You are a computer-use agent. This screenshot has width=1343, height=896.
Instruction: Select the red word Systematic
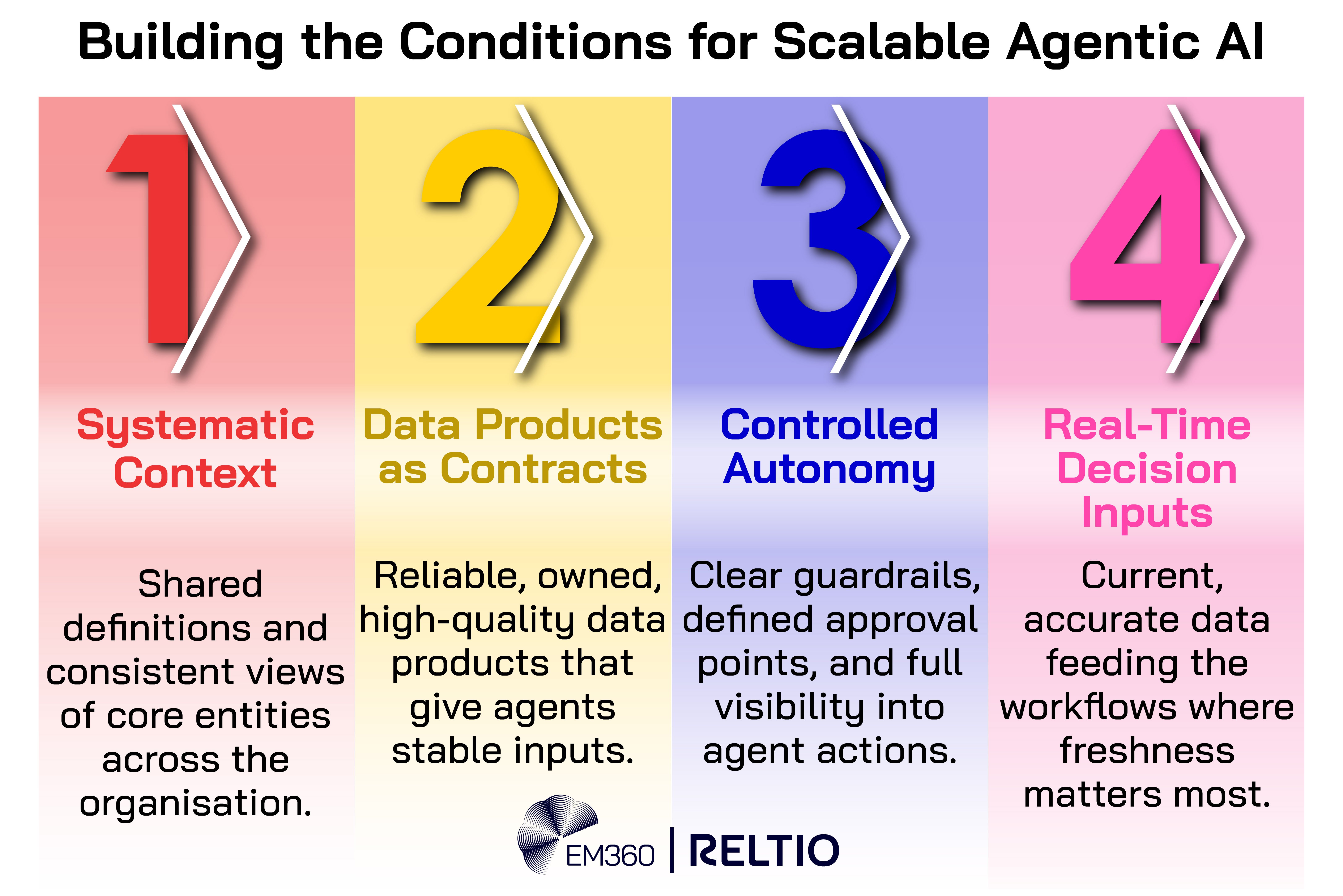(195, 426)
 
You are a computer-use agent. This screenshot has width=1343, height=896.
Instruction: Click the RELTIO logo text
(764, 850)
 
